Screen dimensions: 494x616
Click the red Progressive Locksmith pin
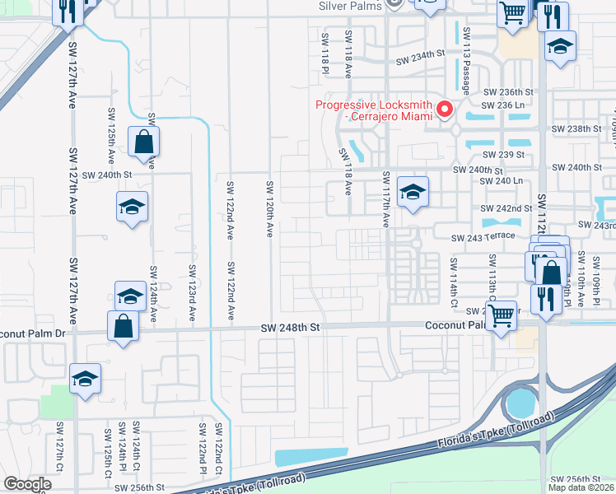[446, 109]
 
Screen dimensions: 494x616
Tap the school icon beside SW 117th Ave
[413, 193]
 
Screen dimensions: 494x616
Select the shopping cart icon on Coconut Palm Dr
[502, 315]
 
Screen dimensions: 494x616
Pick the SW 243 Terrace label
[482, 237]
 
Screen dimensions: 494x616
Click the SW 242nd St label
[507, 208]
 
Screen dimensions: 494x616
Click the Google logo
[27, 484]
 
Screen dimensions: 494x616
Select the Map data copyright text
[581, 487]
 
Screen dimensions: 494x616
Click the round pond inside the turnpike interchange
[521, 403]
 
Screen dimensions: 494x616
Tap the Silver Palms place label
[350, 5]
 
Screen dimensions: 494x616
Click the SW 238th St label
[576, 129]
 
